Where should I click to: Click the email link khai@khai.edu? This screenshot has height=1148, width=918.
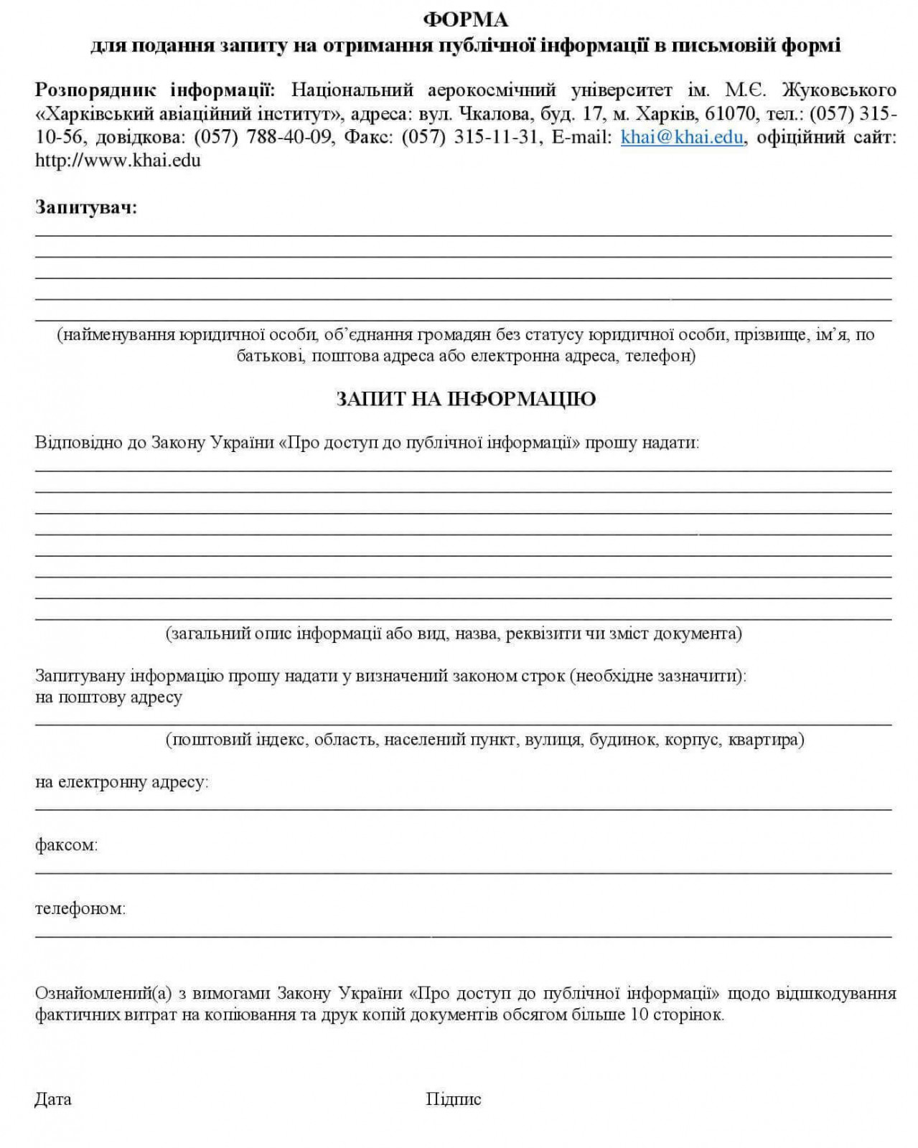coord(681,137)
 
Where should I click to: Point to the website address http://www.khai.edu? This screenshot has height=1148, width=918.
coord(118,160)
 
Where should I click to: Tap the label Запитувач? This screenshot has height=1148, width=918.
coord(86,208)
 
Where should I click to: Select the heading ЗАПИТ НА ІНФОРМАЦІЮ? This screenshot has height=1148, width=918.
coord(466,399)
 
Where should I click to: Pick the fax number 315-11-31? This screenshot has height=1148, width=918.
coord(496,137)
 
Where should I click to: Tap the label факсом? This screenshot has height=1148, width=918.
coord(66,844)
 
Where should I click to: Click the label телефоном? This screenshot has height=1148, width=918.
coord(80,908)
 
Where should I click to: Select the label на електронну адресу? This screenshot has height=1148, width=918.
coord(121,781)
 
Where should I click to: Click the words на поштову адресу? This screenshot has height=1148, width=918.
coord(108,697)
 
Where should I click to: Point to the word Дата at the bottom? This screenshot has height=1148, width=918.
coord(53,1098)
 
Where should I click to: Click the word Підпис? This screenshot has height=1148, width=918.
coord(453,1098)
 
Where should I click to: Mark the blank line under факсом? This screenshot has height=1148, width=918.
coord(463,872)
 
